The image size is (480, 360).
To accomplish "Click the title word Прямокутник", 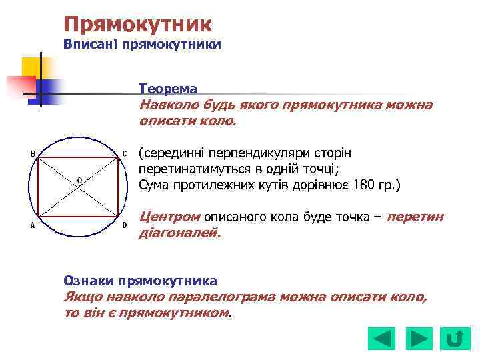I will pyautogui.click(x=137, y=25).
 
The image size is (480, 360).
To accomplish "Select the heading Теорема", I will pyautogui.click(x=167, y=89).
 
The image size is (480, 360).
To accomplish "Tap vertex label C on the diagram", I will pyautogui.click(x=124, y=154).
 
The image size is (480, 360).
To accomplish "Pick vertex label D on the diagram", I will pyautogui.click(x=124, y=225).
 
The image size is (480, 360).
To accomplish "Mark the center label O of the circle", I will pyautogui.click(x=79, y=180).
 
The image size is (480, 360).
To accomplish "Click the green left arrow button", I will pyautogui.click(x=381, y=339).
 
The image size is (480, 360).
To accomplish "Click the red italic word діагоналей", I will pyautogui.click(x=179, y=233).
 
